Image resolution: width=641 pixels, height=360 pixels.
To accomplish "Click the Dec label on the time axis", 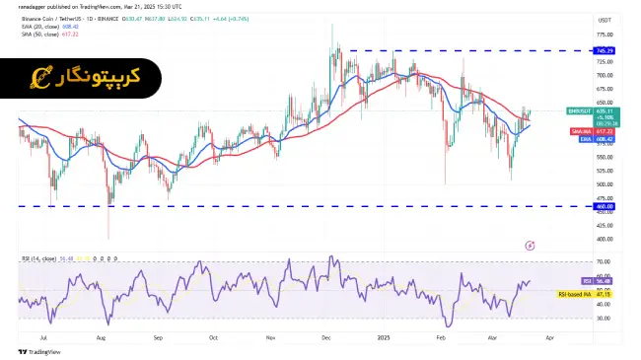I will (324, 336).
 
